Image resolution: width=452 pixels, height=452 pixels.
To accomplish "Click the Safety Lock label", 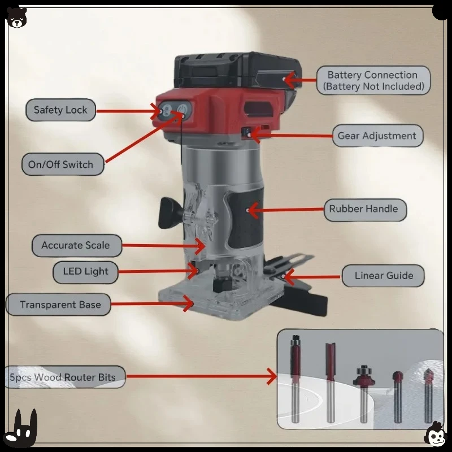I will (x=60, y=110).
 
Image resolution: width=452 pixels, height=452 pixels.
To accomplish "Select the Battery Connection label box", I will (x=372, y=80).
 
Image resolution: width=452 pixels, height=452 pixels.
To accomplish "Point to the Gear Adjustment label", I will (x=377, y=136).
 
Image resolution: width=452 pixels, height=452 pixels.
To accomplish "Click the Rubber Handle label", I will (x=363, y=209).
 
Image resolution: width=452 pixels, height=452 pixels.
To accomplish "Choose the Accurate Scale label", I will (x=75, y=246).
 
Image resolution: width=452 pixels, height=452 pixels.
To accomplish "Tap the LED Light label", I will (x=85, y=272).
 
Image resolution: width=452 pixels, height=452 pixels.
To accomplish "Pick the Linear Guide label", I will (x=384, y=276).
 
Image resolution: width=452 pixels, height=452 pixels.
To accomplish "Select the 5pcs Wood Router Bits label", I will (x=63, y=377).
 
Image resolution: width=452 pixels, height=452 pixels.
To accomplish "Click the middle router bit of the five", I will (x=363, y=390).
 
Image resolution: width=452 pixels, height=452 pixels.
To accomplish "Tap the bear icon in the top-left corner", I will (x=16, y=16).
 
